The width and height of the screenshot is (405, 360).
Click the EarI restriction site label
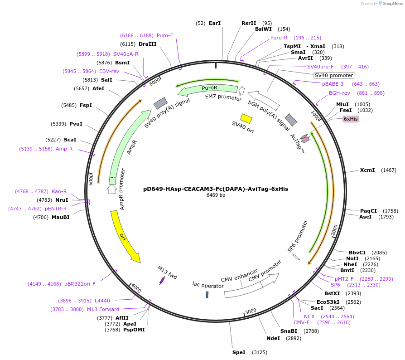pos(215,23)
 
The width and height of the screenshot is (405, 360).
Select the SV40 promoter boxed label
pos(334,75)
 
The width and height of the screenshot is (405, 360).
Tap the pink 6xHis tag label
pos(351,119)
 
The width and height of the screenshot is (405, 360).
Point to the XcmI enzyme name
pos(367,170)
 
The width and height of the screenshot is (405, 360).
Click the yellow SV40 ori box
pos(246,118)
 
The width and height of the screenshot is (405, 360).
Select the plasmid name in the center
pos(216,189)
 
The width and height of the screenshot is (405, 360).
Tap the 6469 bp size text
pos(216,195)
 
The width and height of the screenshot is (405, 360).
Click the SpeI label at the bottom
pos(239,352)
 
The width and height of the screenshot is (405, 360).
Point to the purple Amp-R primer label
pos(64,149)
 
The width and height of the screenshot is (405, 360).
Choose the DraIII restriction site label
pos(148,44)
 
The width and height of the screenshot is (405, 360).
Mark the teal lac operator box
pos(207,295)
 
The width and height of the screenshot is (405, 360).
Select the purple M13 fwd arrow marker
pos(162,281)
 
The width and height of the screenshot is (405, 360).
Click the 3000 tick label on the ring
pos(251,311)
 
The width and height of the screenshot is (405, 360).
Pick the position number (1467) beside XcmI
pos(389,170)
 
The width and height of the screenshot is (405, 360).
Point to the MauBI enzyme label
pos(60,217)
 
